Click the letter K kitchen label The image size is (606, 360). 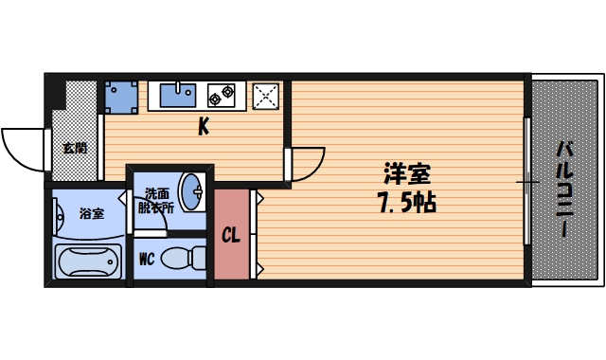click(203, 127)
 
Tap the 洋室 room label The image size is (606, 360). click(407, 174)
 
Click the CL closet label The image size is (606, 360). click(230, 236)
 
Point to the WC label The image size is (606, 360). click(147, 258)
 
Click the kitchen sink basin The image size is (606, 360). click(177, 94)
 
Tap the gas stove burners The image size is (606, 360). click(222, 94)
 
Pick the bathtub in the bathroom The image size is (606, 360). click(88, 261)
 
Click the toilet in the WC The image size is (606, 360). click(185, 257)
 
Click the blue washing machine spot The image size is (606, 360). click(121, 96)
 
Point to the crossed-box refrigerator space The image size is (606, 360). click(266, 96)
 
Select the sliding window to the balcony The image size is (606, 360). click(526, 180)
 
